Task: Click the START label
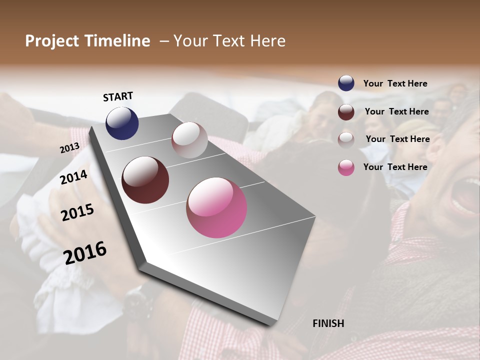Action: pyautogui.click(x=118, y=96)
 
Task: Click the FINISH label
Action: pyautogui.click(x=328, y=323)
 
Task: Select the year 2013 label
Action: pyautogui.click(x=69, y=148)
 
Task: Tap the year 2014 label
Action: pyautogui.click(x=74, y=177)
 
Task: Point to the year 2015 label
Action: pyautogui.click(x=77, y=212)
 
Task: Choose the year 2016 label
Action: pyautogui.click(x=85, y=252)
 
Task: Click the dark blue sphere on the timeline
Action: pyautogui.click(x=122, y=123)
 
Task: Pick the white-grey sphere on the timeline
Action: pyautogui.click(x=189, y=140)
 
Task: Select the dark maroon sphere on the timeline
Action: pyautogui.click(x=145, y=180)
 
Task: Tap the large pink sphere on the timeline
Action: pyautogui.click(x=216, y=207)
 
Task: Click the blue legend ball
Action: pyautogui.click(x=346, y=83)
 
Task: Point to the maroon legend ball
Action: pyautogui.click(x=346, y=111)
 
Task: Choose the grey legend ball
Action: pyautogui.click(x=346, y=139)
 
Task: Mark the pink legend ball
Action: pyautogui.click(x=346, y=167)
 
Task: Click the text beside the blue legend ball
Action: pyautogui.click(x=395, y=83)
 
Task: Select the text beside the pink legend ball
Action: pyautogui.click(x=395, y=167)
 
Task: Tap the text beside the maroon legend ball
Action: pyautogui.click(x=396, y=111)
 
